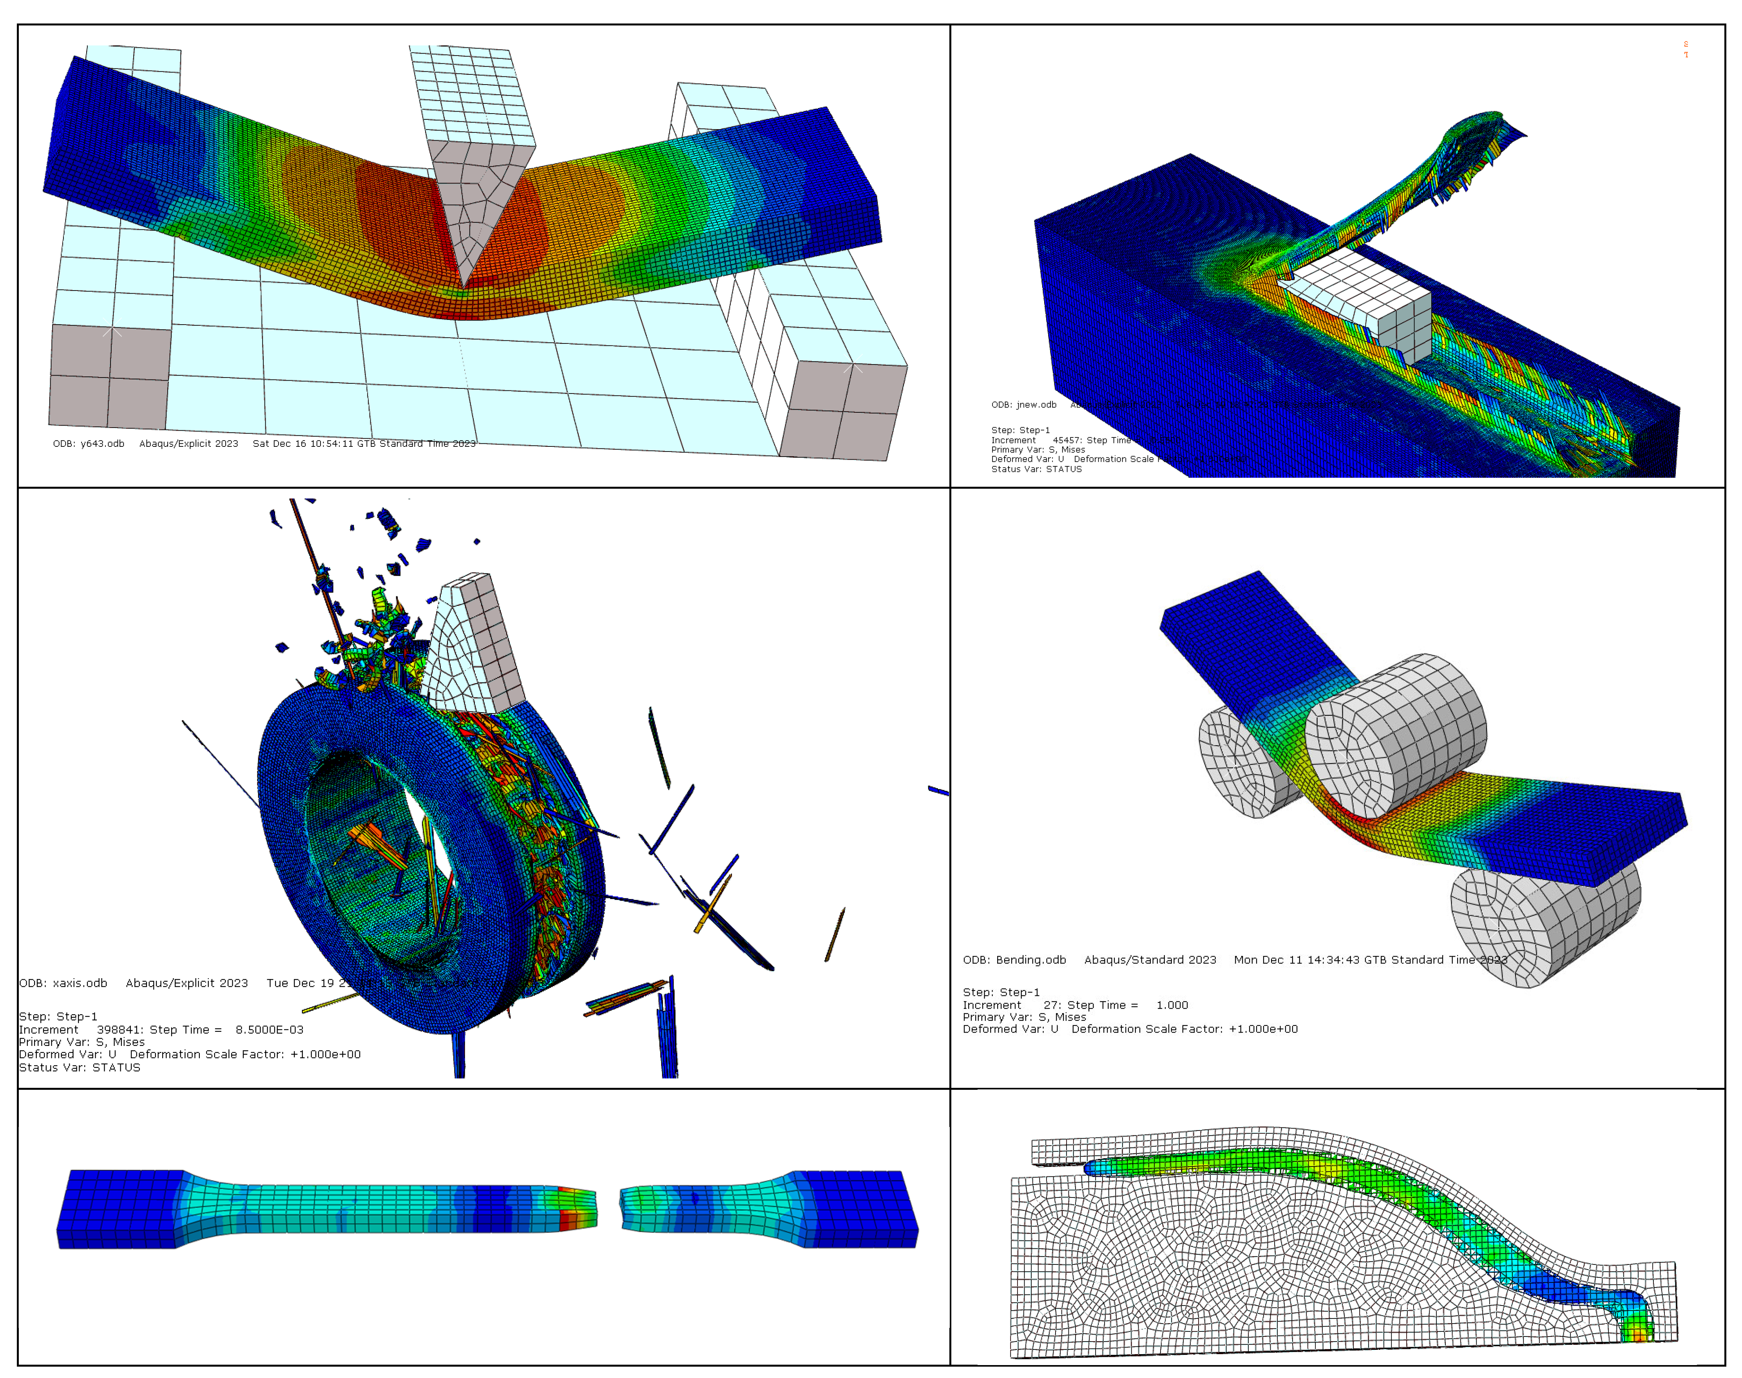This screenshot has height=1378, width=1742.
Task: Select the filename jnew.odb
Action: [1036, 405]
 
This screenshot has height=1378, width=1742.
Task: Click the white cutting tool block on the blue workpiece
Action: [1364, 311]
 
